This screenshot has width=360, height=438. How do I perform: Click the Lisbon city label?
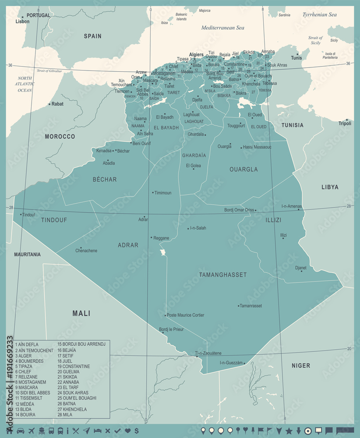pos(22,21)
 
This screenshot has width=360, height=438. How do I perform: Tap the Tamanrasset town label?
pos(251,306)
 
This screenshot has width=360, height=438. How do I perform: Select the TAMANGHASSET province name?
pos(223,275)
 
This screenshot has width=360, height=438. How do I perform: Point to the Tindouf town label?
pos(28,215)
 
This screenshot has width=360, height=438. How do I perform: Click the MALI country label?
pos(81,313)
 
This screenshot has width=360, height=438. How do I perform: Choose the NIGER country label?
pos(301,365)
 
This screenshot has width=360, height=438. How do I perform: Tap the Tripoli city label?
pos(345,124)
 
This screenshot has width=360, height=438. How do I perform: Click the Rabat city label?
pos(57,104)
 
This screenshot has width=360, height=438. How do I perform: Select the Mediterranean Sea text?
pos(222,28)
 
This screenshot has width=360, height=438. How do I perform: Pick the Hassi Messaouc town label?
pos(257,147)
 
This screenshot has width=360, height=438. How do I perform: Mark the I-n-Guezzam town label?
pos(231,363)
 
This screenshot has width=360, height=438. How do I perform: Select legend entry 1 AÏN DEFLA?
pos(27,345)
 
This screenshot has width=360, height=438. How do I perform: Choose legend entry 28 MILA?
pos(66,414)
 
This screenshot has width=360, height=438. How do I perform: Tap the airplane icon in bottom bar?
pos(31,431)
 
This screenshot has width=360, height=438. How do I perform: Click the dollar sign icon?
pos(137,431)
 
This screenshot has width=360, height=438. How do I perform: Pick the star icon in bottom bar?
pos(289,431)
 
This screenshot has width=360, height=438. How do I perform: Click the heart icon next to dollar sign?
pos(127,431)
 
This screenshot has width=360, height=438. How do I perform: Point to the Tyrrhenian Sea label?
pos(319,14)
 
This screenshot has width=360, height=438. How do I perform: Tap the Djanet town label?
pos(301,268)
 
